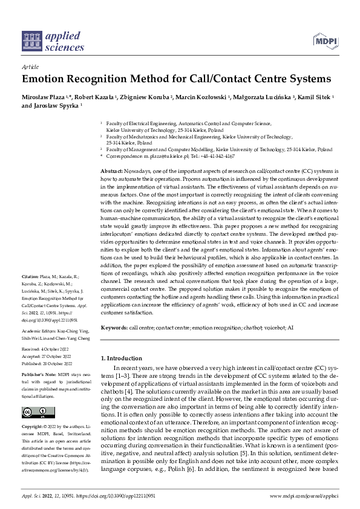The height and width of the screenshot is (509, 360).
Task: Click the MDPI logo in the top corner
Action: click(x=326, y=41)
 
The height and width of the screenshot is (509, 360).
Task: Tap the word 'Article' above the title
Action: click(x=30, y=68)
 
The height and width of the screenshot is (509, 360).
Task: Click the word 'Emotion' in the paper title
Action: click(x=45, y=79)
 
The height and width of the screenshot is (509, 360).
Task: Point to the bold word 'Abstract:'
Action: click(x=112, y=172)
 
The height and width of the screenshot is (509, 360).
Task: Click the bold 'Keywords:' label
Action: click(x=114, y=326)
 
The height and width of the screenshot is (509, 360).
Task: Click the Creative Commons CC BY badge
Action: click(x=36, y=413)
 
